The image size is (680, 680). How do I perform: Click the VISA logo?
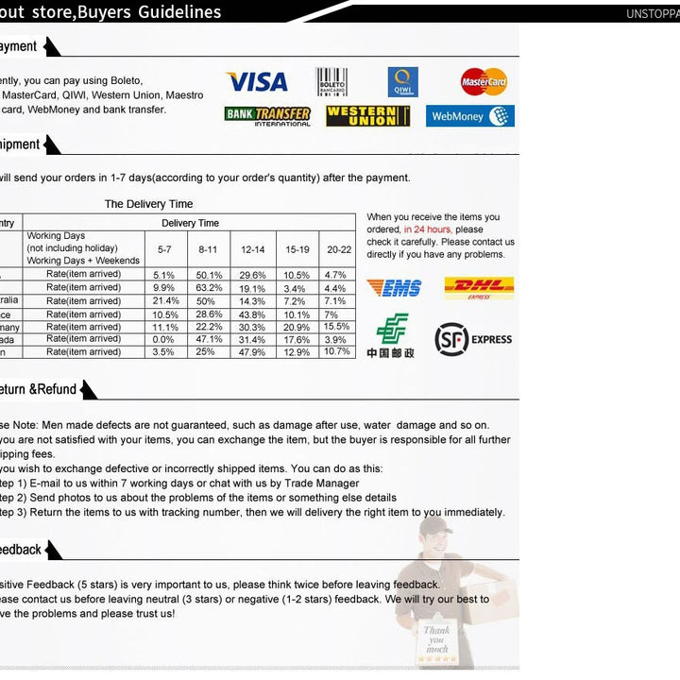click(256, 82)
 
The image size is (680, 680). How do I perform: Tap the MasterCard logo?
click(484, 82)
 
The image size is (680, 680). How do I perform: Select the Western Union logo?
click(368, 116)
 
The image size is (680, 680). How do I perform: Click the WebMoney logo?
click(470, 116)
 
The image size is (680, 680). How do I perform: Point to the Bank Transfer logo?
click(268, 116)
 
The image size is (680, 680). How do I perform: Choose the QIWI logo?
click(402, 82)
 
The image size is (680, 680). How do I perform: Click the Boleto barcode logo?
click(331, 82)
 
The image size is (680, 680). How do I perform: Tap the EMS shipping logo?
click(394, 288)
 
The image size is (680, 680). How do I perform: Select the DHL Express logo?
click(479, 288)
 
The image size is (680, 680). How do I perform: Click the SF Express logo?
click(473, 339)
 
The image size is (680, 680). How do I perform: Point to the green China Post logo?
click(391, 335)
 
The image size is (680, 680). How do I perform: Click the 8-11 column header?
click(208, 249)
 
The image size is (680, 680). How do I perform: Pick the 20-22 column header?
click(339, 249)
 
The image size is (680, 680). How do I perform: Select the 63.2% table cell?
click(209, 288)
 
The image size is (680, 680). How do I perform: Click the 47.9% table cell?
click(252, 352)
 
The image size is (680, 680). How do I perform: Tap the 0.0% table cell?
click(163, 339)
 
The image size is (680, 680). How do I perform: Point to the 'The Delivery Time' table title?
click(148, 204)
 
